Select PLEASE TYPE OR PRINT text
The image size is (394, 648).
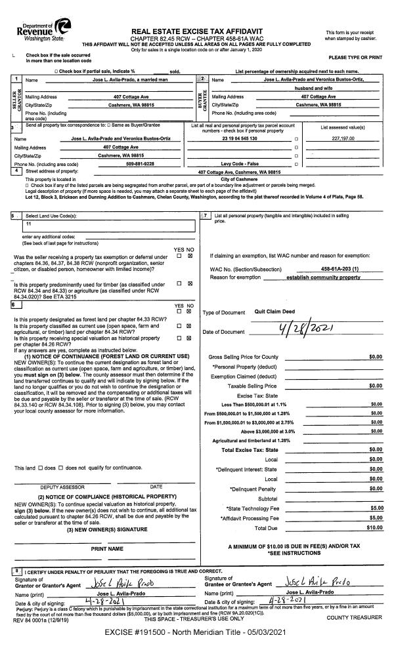pos(356,58)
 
